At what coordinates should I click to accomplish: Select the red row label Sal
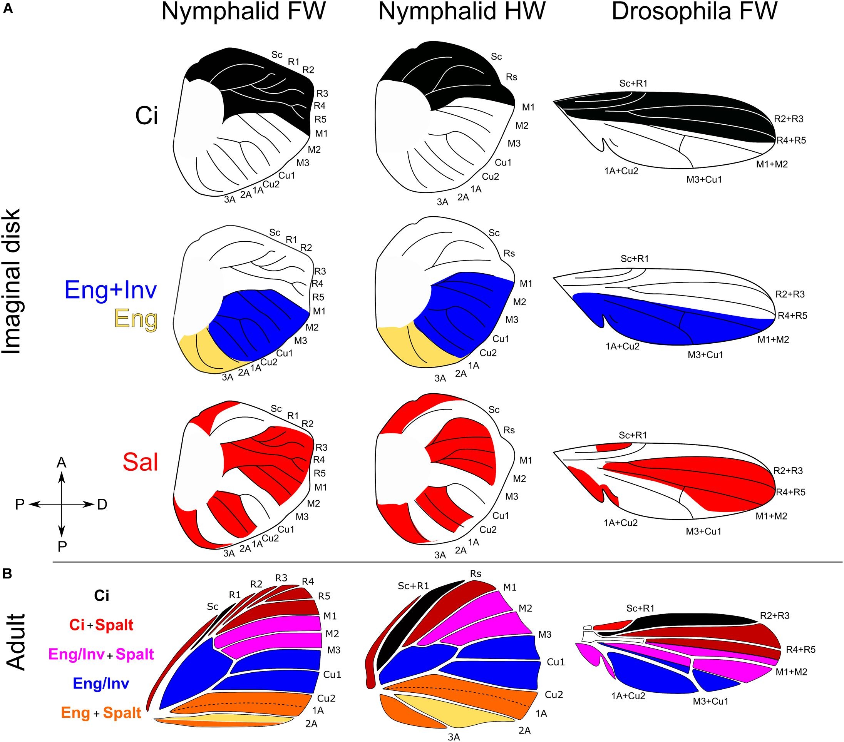141,462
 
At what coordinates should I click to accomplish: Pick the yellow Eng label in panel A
136,319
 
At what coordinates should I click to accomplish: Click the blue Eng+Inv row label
111,290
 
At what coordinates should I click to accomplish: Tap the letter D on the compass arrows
102,504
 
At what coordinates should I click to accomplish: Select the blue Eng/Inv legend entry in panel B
101,684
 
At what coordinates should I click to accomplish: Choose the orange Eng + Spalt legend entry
101,713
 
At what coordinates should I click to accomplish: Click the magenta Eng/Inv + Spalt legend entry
101,654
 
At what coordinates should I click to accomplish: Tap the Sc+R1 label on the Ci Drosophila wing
633,84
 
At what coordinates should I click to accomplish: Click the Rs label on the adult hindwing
476,574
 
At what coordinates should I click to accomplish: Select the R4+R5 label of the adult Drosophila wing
800,650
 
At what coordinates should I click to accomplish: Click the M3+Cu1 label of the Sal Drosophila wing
703,531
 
